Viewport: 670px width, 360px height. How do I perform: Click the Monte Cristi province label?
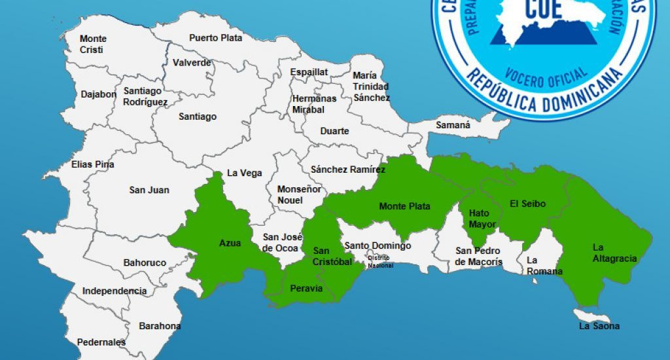93,44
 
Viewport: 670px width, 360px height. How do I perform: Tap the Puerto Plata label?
215,38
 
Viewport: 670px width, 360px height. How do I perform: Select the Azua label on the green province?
230,243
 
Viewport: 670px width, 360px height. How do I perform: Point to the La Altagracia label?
614,253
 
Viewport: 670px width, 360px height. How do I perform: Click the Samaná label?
453,125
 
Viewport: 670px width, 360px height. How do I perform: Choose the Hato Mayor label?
482,219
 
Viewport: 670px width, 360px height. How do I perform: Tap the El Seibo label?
527,204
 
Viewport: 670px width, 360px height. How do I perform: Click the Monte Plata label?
404,207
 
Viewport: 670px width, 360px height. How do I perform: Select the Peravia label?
306,288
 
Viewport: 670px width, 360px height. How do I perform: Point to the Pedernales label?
101,342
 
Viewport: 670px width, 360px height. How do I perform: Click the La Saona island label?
599,325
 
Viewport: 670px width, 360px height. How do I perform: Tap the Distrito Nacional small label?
380,261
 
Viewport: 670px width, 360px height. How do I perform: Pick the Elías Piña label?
93,164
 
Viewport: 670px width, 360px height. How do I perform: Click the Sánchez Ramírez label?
348,170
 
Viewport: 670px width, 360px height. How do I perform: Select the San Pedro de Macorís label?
479,257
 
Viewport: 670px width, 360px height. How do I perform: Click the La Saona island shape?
586,315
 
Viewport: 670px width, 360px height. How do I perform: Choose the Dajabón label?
99,94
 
